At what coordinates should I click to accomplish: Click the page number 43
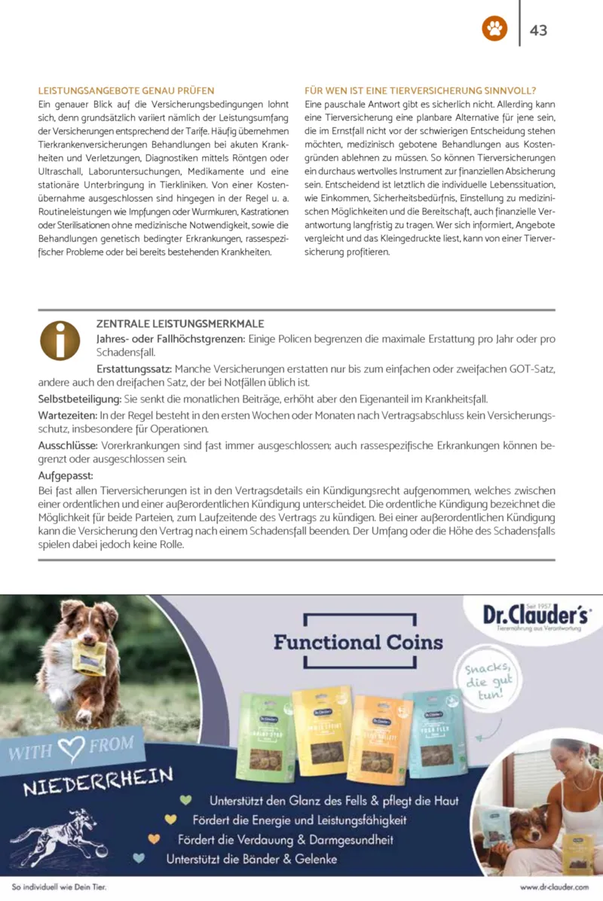(538, 30)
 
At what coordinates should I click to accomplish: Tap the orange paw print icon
(494, 29)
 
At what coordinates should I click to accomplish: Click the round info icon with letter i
(60, 341)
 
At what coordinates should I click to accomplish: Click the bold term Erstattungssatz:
(135, 369)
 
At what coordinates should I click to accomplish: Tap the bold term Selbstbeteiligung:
(80, 398)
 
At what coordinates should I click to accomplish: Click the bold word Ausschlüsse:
(68, 445)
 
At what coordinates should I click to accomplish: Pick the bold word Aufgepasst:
(66, 475)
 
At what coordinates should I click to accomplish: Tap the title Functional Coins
(359, 643)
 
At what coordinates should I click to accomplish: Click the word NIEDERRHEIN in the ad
(98, 781)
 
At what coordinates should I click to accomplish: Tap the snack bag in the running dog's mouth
(88, 658)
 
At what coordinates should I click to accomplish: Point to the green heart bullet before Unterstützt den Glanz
(185, 800)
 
